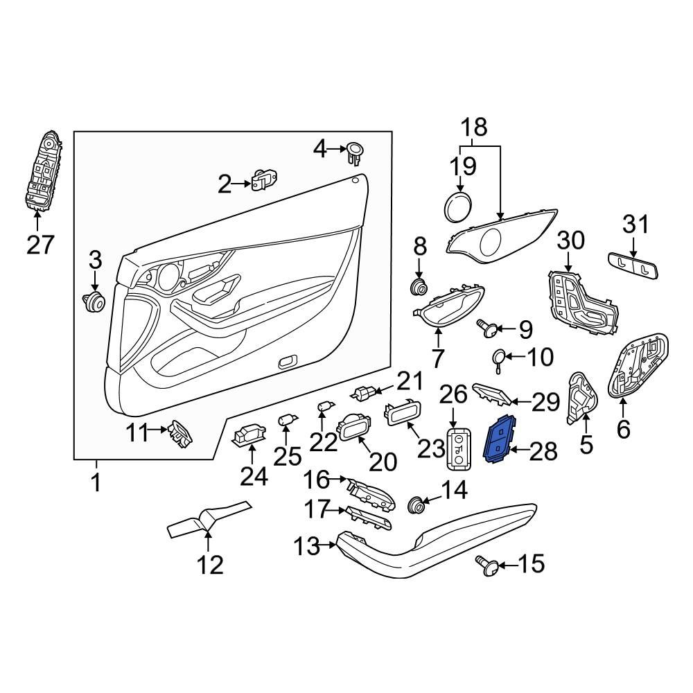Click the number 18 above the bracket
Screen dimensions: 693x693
475,128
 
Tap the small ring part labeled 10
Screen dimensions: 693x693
498,357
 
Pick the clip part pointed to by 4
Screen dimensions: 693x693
356,151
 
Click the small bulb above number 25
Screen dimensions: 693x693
286,421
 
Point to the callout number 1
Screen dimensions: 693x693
96,482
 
